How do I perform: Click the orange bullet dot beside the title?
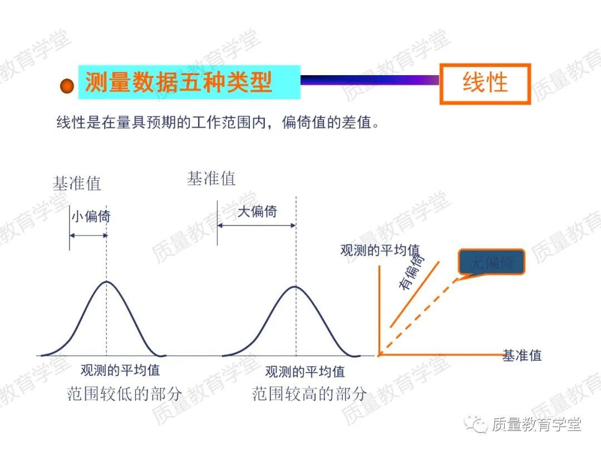tap(67, 86)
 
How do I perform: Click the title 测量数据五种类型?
tap(178, 82)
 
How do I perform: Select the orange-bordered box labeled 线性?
tap(485, 84)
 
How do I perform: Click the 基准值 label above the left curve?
tap(77, 183)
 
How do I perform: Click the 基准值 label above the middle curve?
tap(211, 179)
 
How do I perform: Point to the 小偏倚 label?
tap(90, 216)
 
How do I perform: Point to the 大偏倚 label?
tap(257, 212)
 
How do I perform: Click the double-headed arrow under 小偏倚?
tap(88, 236)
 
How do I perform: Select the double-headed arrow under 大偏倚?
tap(256, 225)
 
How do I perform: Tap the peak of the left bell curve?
tap(106, 282)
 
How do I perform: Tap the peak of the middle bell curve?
tap(295, 287)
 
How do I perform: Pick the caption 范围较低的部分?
tap(125, 394)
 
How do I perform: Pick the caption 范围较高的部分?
tap(309, 394)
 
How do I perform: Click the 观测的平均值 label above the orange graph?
tap(380, 250)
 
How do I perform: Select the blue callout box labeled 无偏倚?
tap(491, 262)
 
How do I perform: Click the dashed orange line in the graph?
tap(417, 317)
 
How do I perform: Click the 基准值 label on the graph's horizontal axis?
tap(522, 355)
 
